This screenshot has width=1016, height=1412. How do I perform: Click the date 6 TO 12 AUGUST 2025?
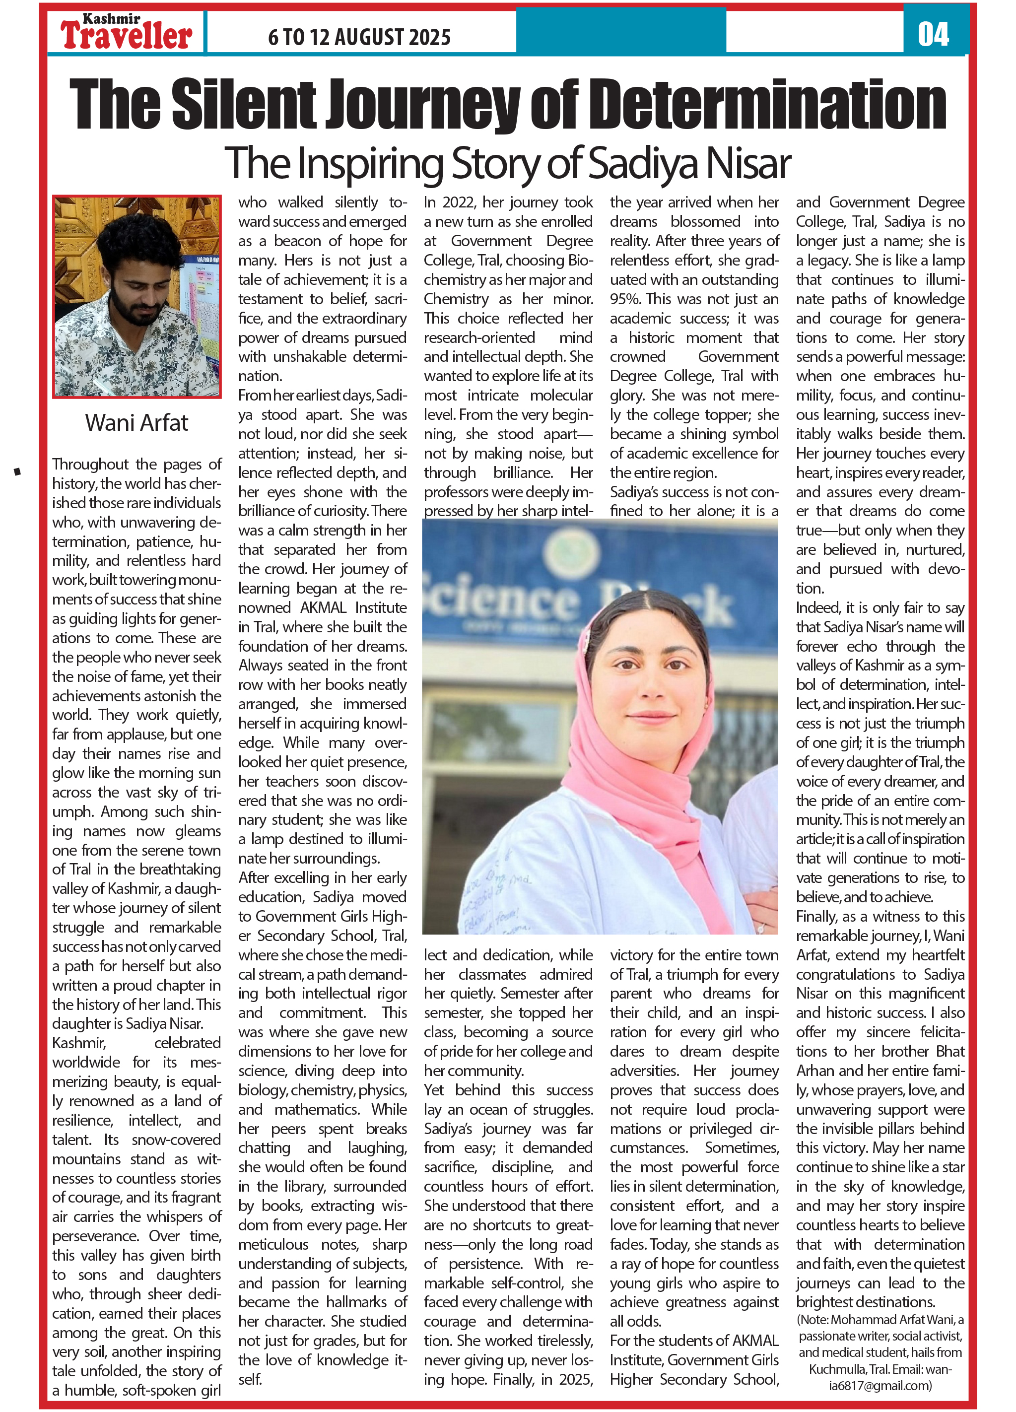point(359,37)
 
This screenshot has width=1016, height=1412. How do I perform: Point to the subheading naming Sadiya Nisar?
point(507,164)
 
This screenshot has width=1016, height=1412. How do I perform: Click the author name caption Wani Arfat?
point(136,423)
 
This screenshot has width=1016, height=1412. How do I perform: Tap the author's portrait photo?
point(136,296)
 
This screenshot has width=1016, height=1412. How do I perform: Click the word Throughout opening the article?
point(91,465)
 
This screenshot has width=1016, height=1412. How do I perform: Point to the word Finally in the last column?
point(817,916)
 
